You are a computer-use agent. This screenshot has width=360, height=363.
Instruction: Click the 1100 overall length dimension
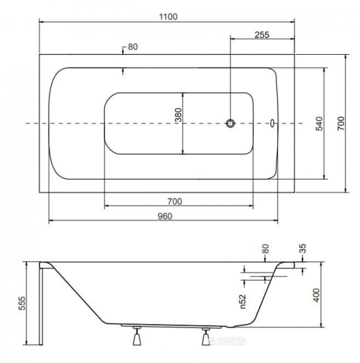pyautogui.click(x=168, y=17)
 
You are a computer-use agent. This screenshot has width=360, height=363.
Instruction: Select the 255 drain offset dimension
pyautogui.click(x=262, y=35)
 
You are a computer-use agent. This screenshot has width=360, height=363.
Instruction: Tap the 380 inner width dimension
pyautogui.click(x=178, y=115)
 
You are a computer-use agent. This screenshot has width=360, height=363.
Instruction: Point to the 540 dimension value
pyautogui.click(x=319, y=123)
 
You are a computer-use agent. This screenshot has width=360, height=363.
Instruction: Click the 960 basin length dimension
pyautogui.click(x=165, y=216)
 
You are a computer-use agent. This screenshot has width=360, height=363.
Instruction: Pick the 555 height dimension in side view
pyautogui.click(x=22, y=303)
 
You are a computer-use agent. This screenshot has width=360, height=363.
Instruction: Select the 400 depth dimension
pyautogui.click(x=316, y=295)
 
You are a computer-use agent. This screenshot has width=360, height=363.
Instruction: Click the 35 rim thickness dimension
pyautogui.click(x=303, y=248)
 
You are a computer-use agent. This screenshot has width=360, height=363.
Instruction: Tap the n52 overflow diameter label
pyautogui.click(x=242, y=302)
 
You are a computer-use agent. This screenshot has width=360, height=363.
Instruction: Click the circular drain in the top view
pyautogui.click(x=231, y=123)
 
